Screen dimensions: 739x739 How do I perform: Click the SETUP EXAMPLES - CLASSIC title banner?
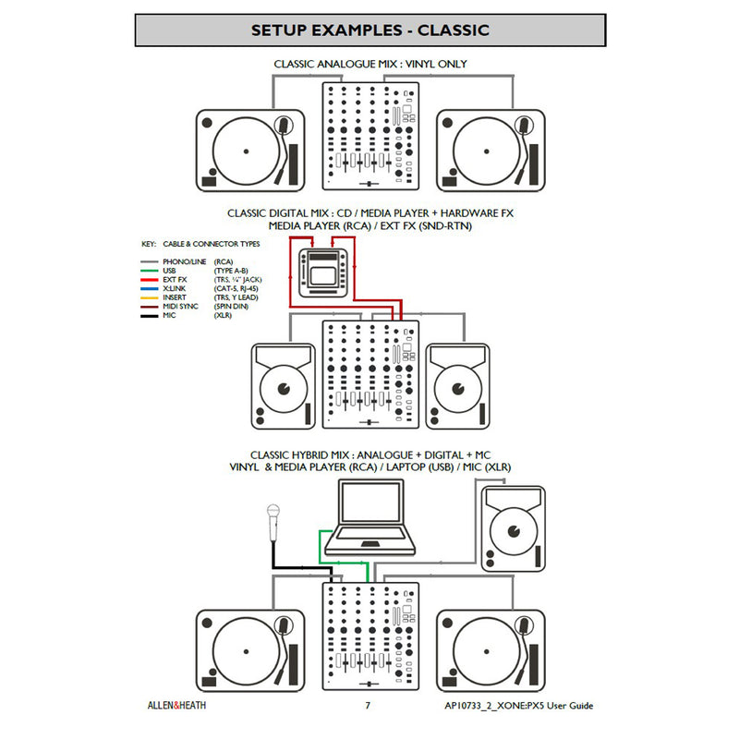coord(369,30)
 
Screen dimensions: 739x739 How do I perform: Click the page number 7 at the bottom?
coord(368,707)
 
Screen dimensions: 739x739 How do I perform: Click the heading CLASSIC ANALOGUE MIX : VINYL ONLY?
coord(369,65)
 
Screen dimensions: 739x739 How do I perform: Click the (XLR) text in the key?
coord(222,315)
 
